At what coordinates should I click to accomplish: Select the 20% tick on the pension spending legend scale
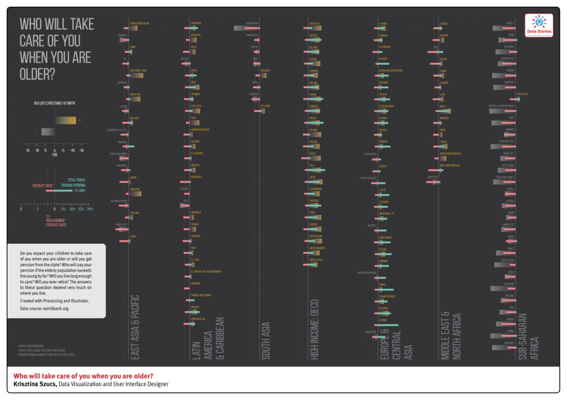pyautogui.click(x=90, y=209)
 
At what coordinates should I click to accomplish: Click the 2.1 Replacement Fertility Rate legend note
pyautogui.click(x=56, y=220)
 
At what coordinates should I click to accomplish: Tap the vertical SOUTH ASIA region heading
pyautogui.click(x=266, y=340)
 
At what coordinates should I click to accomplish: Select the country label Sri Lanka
pyautogui.click(x=265, y=105)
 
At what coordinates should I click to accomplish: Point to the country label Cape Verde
pyautogui.click(x=522, y=94)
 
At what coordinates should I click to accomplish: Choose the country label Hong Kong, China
pyautogui.click(x=137, y=70)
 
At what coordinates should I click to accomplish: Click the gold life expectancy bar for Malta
pyautogui.click(x=446, y=111)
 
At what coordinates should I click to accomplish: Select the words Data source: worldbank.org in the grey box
pyautogui.click(x=44, y=308)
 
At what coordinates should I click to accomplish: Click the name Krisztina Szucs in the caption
pyautogui.click(x=34, y=383)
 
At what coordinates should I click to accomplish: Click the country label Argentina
pyautogui.click(x=195, y=23)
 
